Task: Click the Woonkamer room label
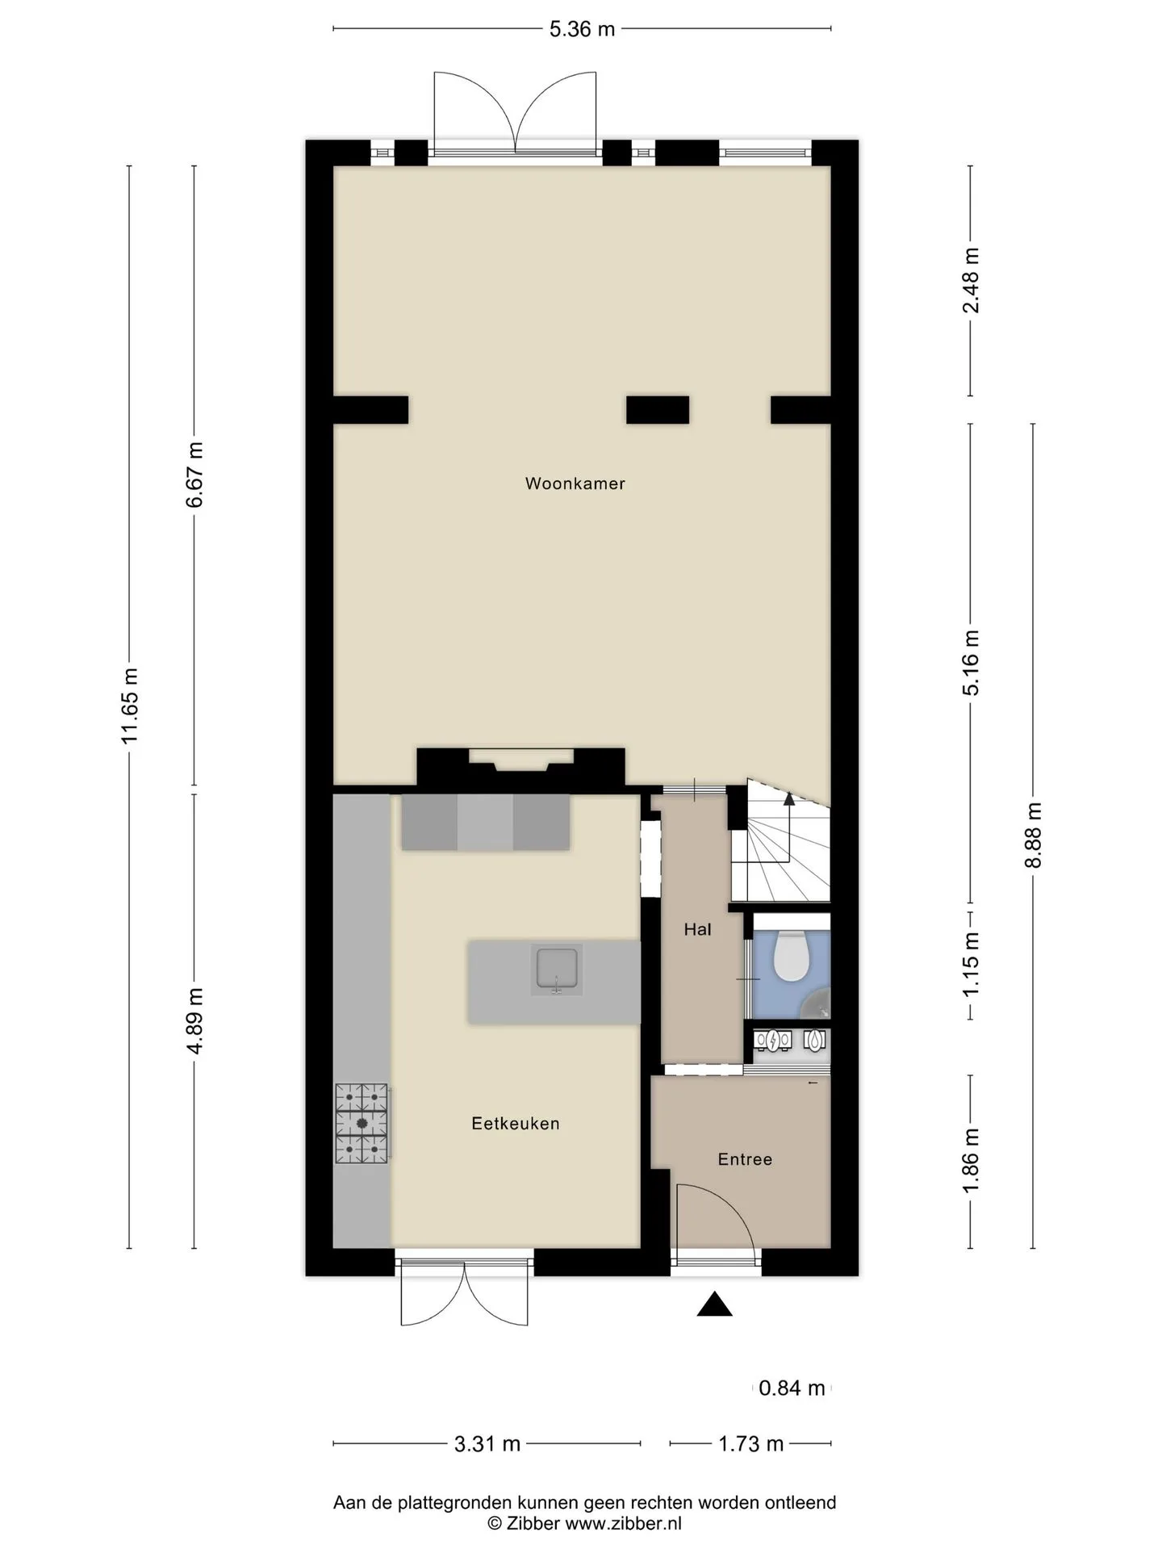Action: [x=575, y=484]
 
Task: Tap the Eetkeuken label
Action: [x=516, y=1123]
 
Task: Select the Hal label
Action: [x=697, y=929]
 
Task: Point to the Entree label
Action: [x=745, y=1159]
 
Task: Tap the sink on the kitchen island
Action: [x=557, y=970]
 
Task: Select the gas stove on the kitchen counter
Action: [x=362, y=1123]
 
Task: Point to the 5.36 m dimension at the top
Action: [x=582, y=30]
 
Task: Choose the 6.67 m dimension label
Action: [x=194, y=475]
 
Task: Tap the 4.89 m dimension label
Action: [x=194, y=1020]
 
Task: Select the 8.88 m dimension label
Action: [x=1034, y=835]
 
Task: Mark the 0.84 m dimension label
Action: [x=792, y=1388]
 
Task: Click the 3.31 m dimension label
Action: [x=487, y=1443]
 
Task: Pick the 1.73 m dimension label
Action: [x=750, y=1443]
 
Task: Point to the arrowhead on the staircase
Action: [x=788, y=799]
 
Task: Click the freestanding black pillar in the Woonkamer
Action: [x=658, y=410]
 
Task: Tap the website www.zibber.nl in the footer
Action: [x=623, y=1523]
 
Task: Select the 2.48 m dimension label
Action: [x=971, y=281]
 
